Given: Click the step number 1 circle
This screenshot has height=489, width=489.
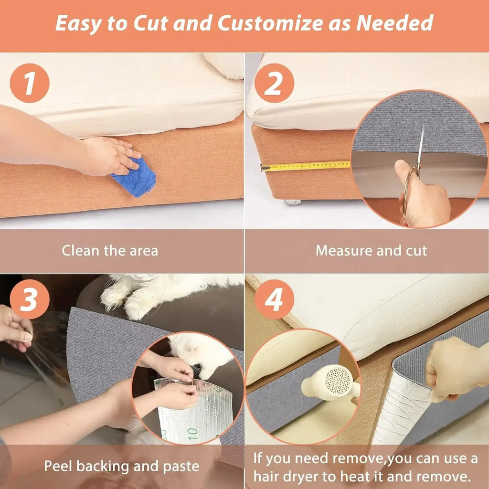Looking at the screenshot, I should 30,83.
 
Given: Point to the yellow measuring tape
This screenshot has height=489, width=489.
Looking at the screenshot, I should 306,166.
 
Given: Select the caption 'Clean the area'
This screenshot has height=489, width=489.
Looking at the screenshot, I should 110,250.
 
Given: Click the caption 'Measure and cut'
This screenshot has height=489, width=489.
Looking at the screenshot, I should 371,250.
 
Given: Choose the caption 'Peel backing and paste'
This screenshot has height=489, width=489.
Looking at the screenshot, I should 122,466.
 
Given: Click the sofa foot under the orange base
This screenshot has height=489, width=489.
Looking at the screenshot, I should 293,202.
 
